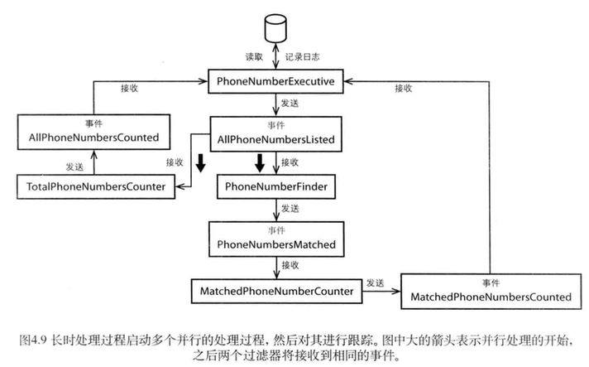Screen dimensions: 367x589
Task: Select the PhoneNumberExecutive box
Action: (x=275, y=82)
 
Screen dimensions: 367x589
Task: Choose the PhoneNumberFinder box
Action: (x=276, y=187)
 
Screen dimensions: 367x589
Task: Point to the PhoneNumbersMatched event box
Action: (x=275, y=239)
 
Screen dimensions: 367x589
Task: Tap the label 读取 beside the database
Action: (x=253, y=58)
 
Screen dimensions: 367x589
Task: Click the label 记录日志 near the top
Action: (x=302, y=58)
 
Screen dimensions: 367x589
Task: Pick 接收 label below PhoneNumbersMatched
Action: (x=290, y=264)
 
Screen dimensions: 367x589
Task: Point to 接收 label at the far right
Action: (x=404, y=88)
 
